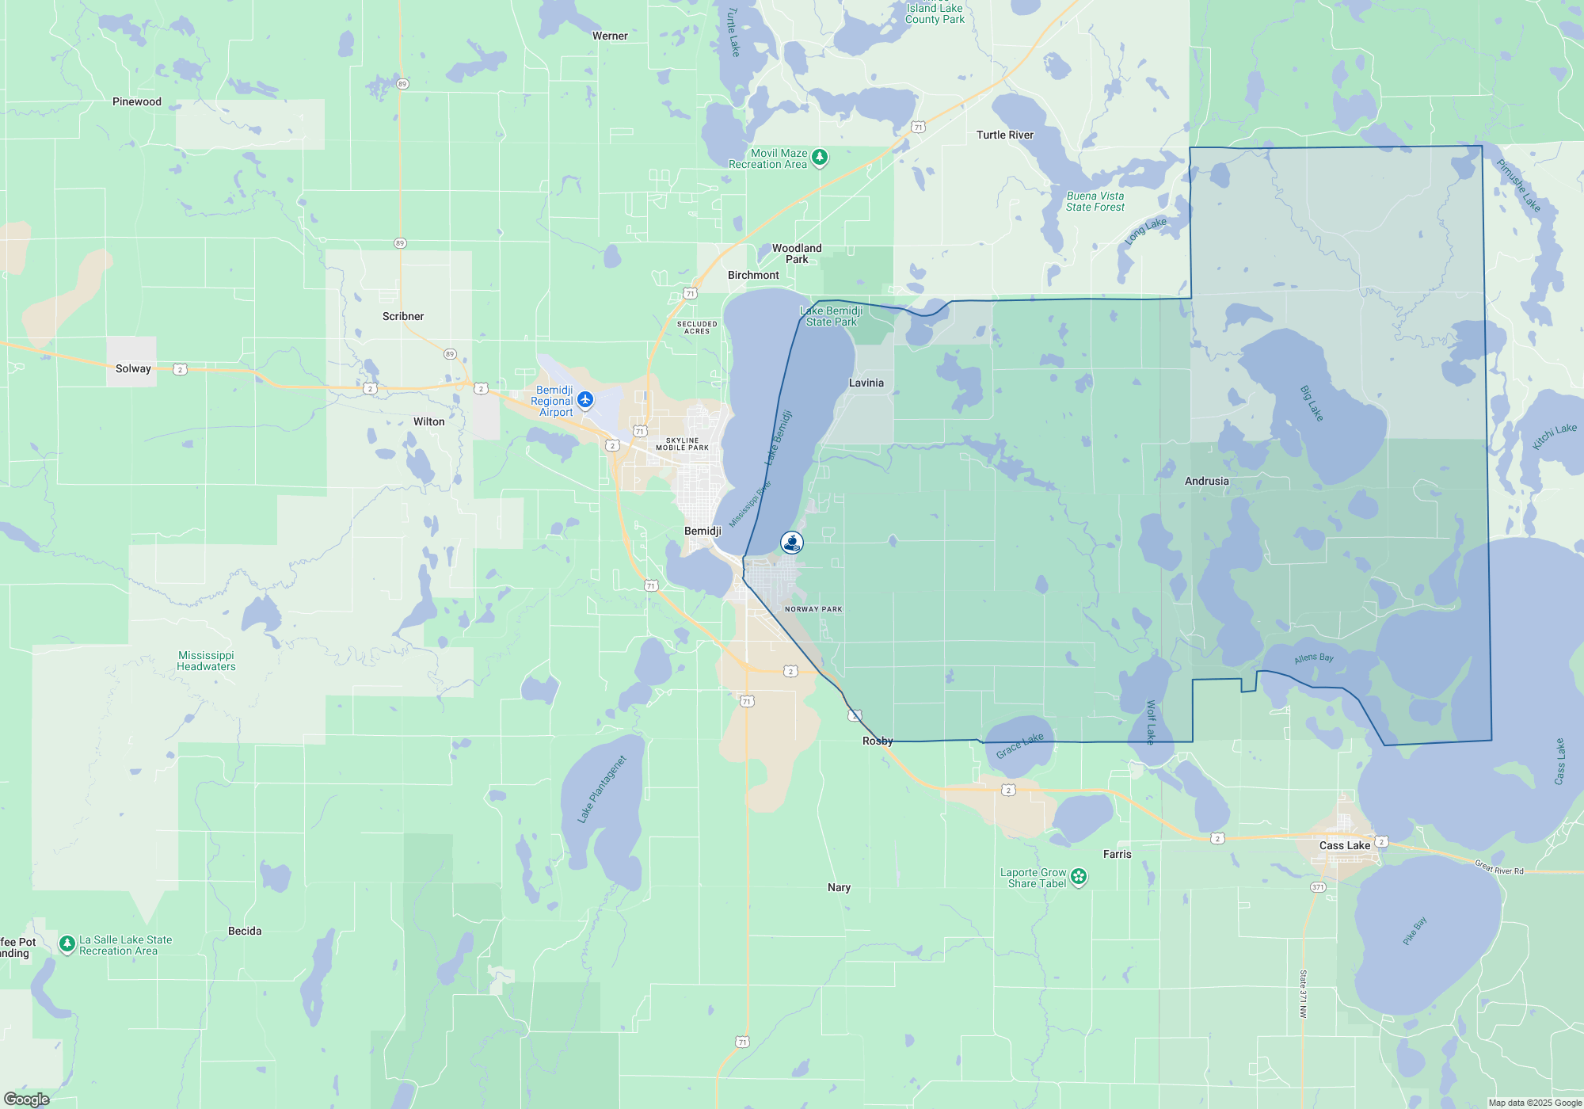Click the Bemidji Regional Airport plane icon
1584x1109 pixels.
point(585,399)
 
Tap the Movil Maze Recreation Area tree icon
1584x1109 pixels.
point(820,158)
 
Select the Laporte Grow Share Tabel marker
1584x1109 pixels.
point(1079,876)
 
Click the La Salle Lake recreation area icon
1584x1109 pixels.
point(67,943)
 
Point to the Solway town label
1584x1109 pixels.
point(133,368)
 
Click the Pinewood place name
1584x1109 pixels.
point(137,101)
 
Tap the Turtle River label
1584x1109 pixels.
point(1005,135)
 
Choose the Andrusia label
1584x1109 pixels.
point(1207,481)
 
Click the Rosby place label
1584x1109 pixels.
point(878,741)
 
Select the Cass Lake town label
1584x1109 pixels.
point(1345,845)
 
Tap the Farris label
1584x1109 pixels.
point(1118,854)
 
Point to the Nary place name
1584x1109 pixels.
point(840,887)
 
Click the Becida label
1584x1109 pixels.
point(245,931)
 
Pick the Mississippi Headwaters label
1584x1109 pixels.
point(206,661)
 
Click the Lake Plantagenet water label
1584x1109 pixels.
point(603,789)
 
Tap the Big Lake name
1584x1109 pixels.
point(1312,403)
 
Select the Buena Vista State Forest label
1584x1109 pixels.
point(1095,201)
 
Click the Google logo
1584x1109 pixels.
point(26,1099)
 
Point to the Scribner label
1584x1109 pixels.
point(403,316)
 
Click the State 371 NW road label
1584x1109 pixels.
point(1303,994)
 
